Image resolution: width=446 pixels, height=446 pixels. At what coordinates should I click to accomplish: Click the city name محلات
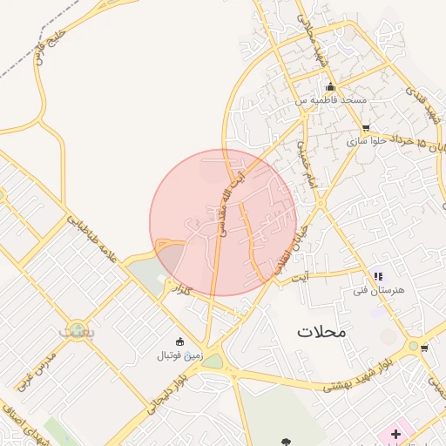pyautogui.click(x=321, y=331)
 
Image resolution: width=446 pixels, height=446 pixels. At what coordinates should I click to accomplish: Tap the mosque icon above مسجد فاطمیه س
pyautogui.click(x=330, y=87)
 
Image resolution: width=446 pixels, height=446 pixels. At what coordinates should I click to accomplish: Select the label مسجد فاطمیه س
pyautogui.click(x=330, y=101)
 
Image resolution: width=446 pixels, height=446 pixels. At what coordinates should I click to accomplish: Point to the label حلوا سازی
pyautogui.click(x=371, y=139)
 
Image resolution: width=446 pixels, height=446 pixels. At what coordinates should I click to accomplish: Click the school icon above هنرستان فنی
pyautogui.click(x=377, y=276)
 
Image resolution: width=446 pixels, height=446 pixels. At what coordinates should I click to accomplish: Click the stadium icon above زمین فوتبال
pyautogui.click(x=180, y=341)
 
